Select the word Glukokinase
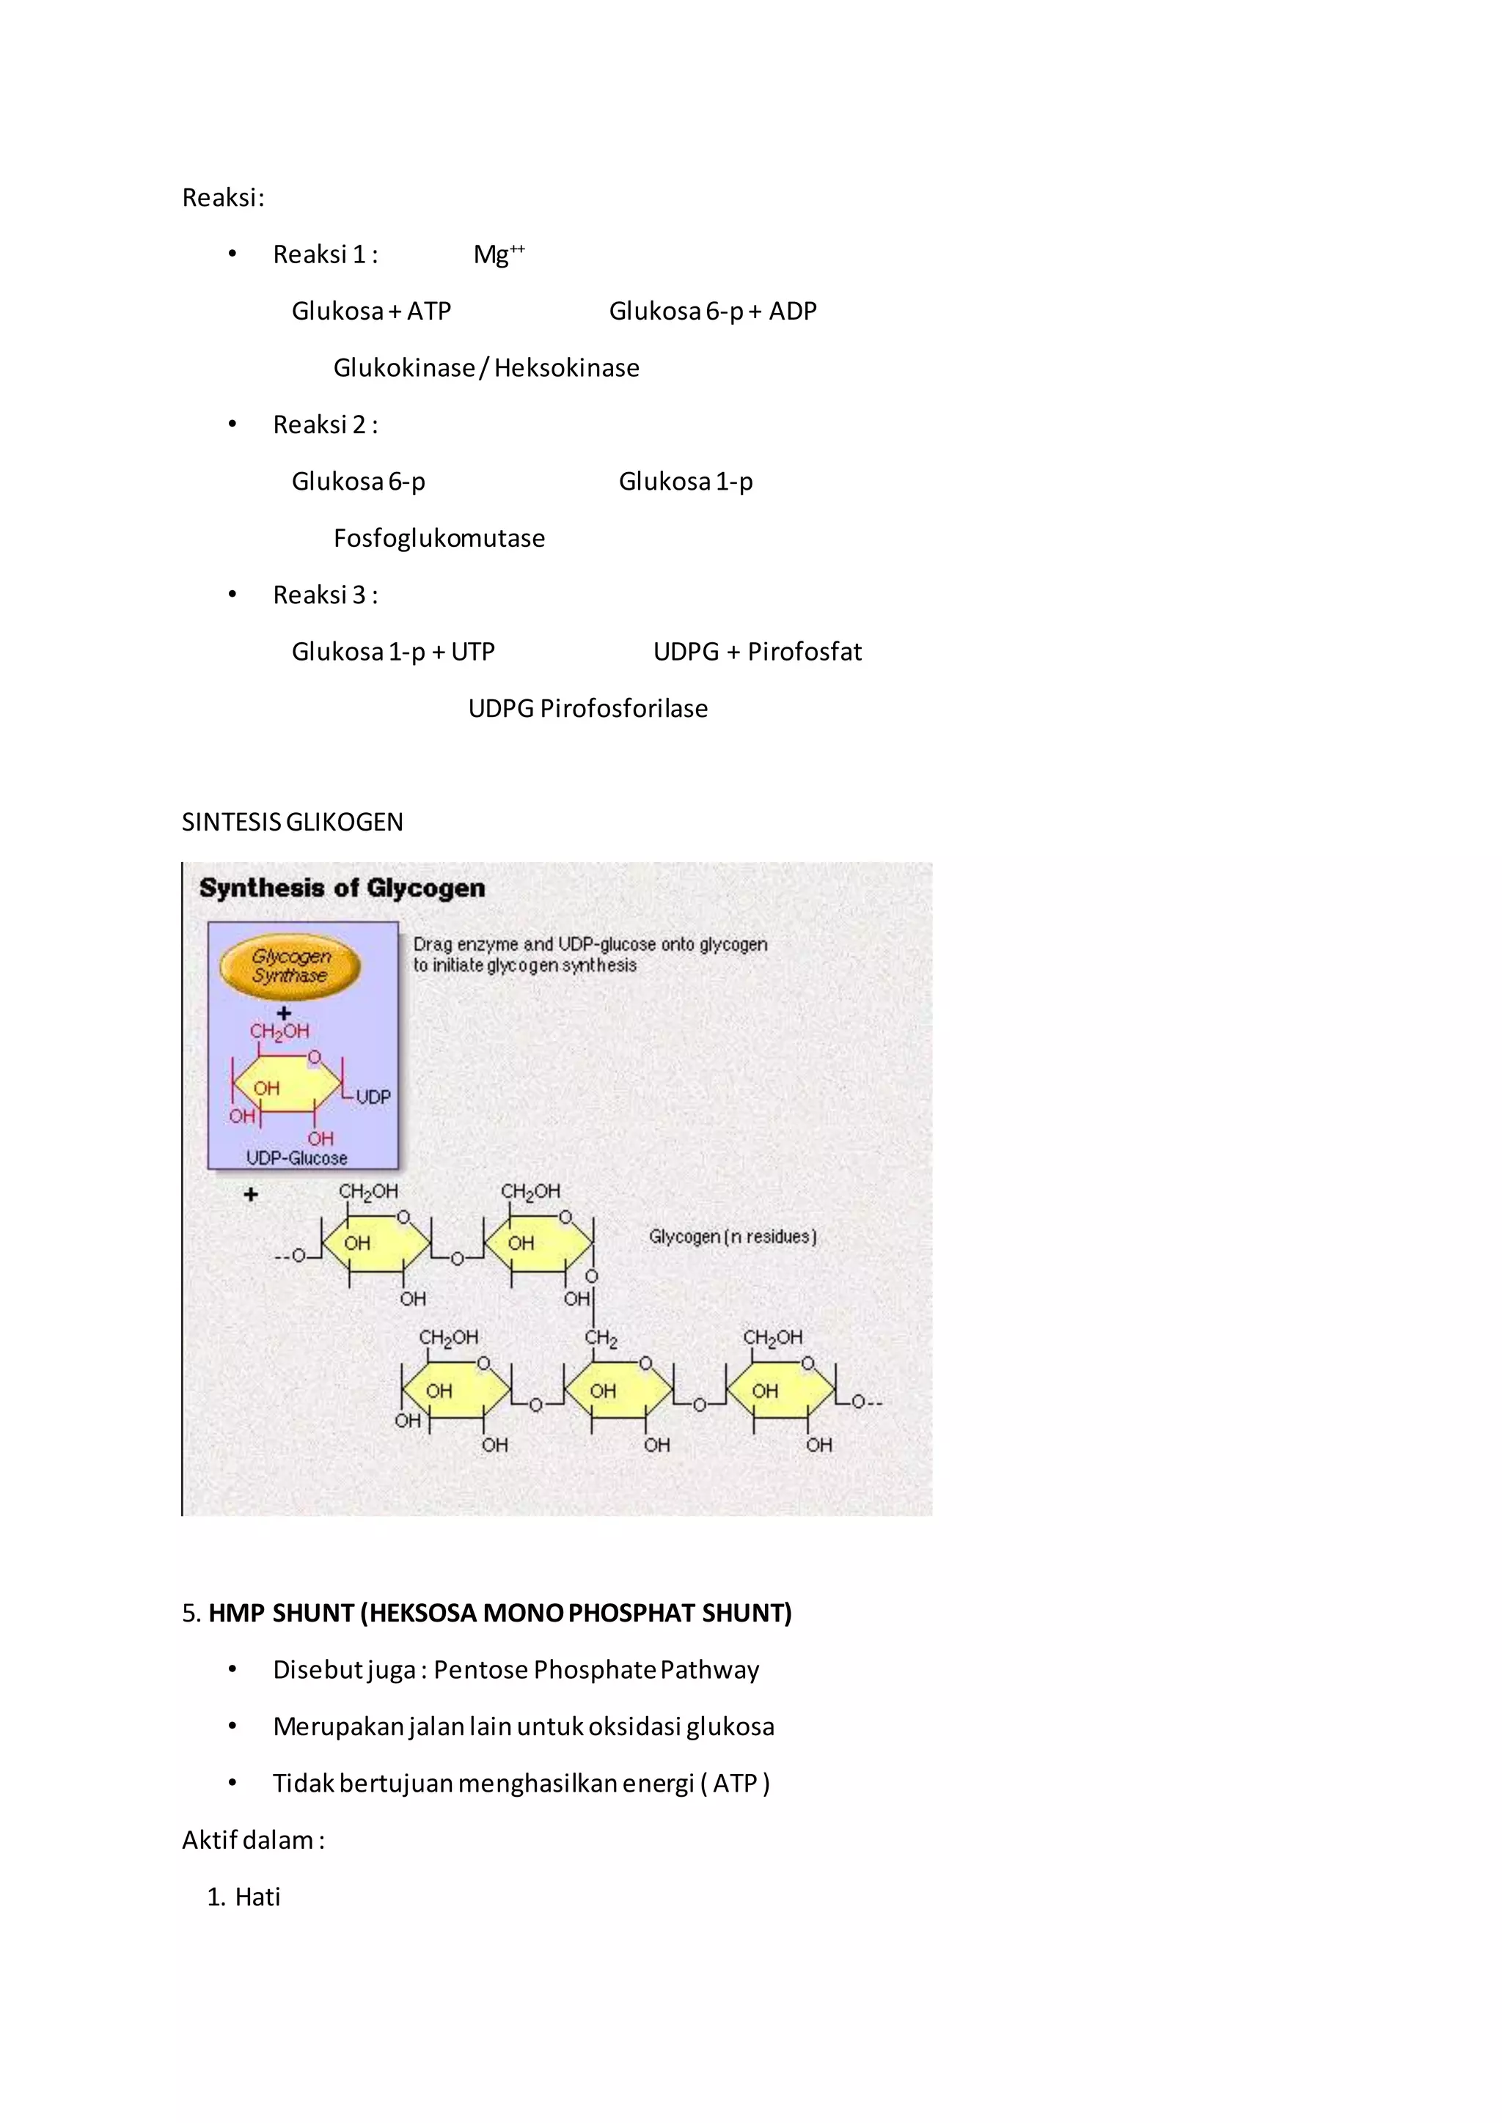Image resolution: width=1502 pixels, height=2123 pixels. coord(403,368)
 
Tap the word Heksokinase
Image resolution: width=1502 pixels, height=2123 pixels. coord(566,368)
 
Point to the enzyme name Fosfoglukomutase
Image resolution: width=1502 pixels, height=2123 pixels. coord(439,538)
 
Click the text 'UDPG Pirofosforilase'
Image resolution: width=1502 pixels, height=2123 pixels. coord(587,708)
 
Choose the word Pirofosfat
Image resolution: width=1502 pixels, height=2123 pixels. coord(804,652)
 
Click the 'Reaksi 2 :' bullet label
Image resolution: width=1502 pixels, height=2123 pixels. coord(325,424)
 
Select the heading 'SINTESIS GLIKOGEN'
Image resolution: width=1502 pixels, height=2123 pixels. coord(293,822)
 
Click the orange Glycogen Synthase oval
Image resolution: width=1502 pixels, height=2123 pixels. coord(290,966)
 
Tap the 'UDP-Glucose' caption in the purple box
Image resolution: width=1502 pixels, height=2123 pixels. coord(297,1158)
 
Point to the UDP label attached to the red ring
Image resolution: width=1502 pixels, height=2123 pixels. coord(373,1097)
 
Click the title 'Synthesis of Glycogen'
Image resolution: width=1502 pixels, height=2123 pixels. coord(342,888)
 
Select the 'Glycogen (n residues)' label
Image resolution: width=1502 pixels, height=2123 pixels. coord(733,1236)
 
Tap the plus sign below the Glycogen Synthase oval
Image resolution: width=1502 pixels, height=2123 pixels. coord(284,1013)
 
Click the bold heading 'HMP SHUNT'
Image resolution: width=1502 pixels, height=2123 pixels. coord(281,1614)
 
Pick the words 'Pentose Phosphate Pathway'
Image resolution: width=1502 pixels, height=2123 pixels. coord(596,1670)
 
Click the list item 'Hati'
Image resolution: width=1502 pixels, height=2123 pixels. coord(257,1896)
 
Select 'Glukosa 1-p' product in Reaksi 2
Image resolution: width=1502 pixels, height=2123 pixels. coord(685,482)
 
